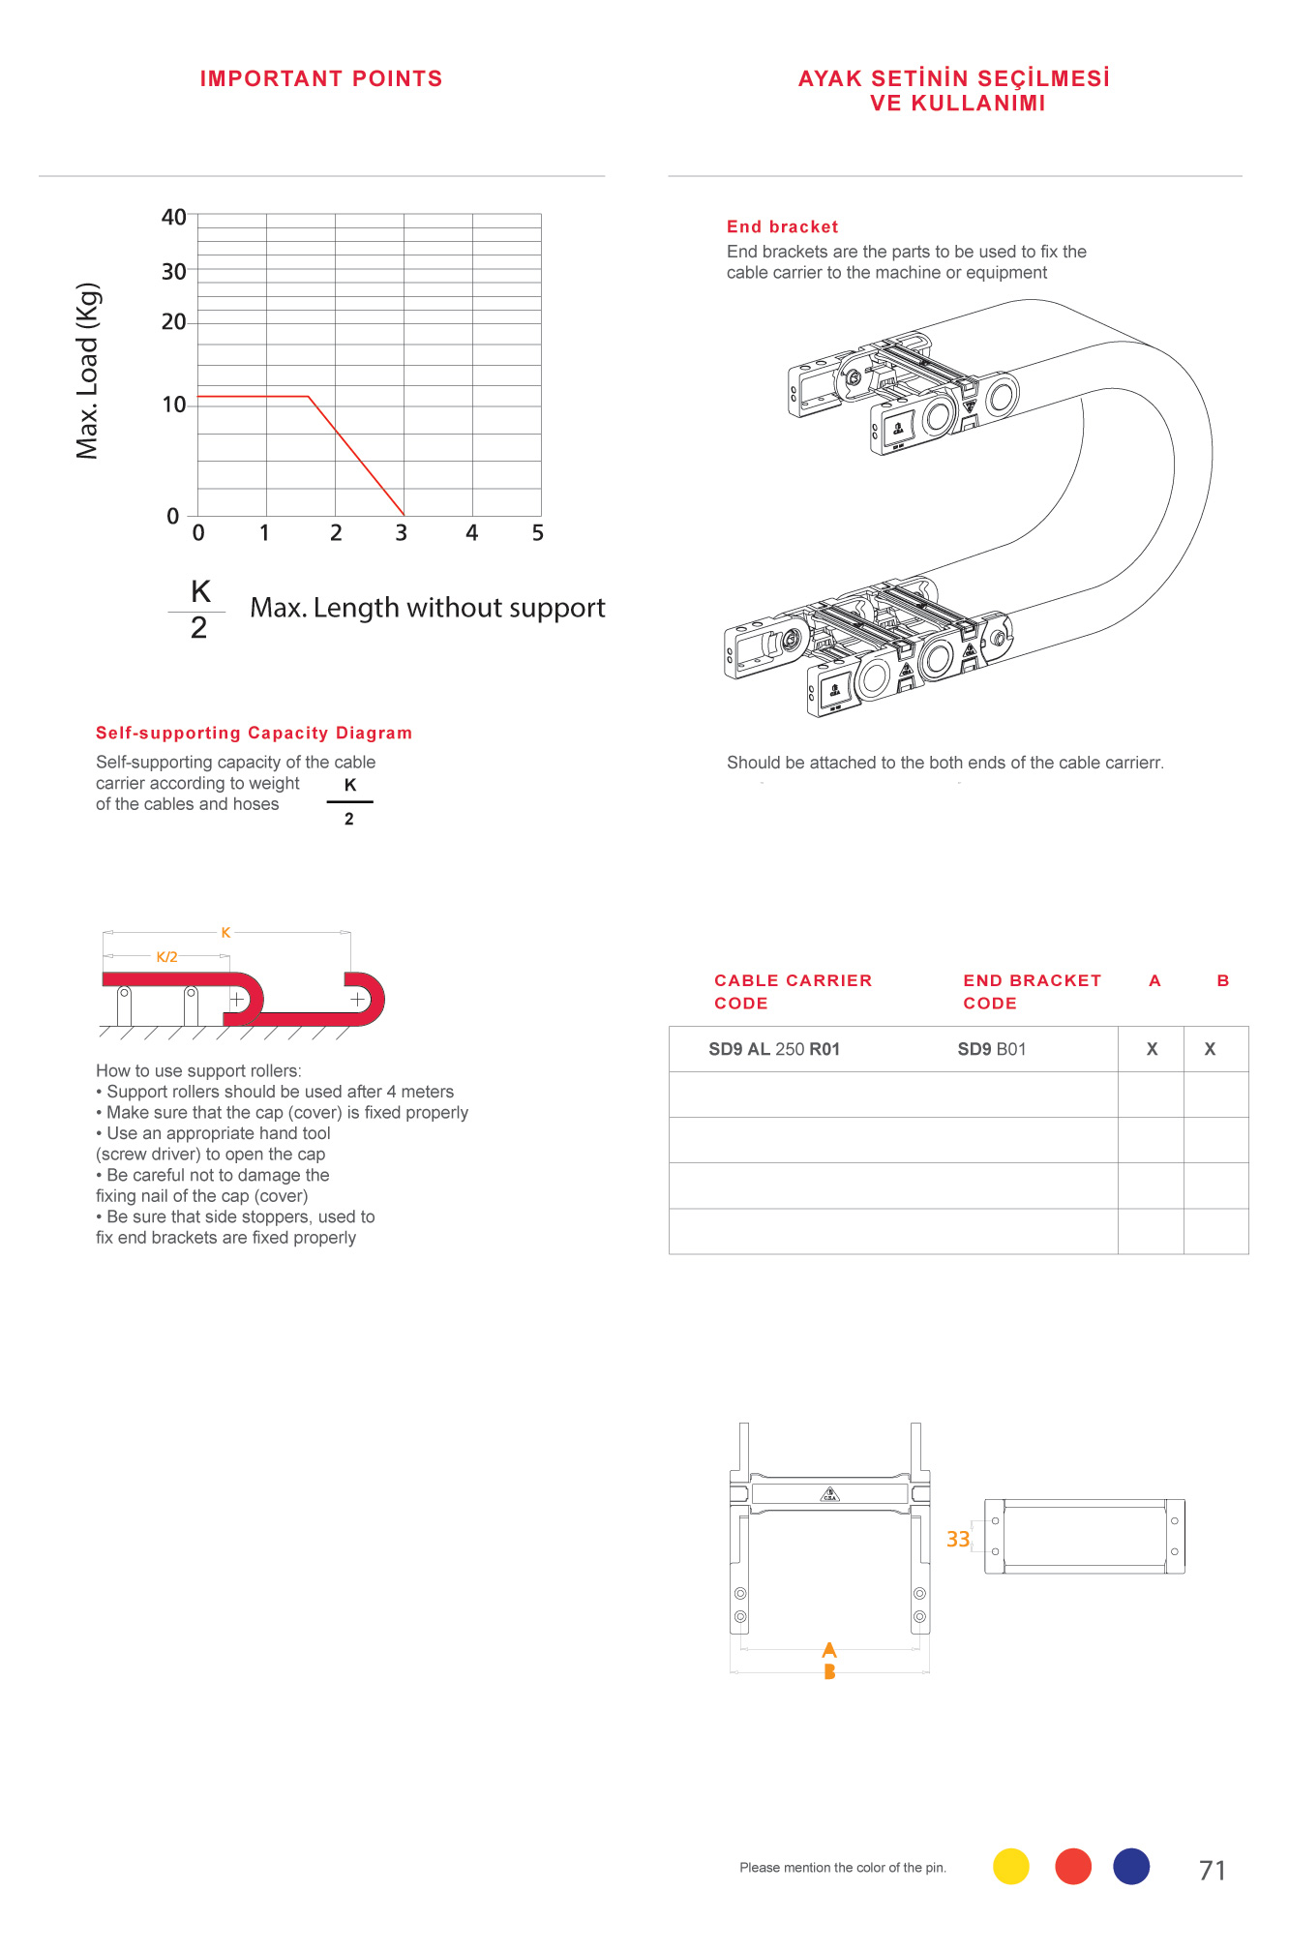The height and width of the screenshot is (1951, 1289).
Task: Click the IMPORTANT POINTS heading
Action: click(321, 79)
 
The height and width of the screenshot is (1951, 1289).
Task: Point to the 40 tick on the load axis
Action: click(174, 217)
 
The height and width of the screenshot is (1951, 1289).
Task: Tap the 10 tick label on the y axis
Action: click(174, 405)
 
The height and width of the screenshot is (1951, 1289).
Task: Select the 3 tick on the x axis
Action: click(402, 533)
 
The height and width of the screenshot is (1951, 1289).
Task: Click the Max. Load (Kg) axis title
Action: click(88, 371)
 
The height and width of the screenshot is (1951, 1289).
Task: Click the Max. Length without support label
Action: click(427, 608)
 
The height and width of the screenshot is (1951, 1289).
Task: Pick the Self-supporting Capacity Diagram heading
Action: click(254, 734)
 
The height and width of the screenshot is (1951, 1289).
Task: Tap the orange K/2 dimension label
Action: click(167, 957)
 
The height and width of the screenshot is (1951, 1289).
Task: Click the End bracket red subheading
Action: click(782, 227)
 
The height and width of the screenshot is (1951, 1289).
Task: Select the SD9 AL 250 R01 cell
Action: click(774, 1049)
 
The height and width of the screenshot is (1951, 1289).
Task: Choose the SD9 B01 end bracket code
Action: click(992, 1049)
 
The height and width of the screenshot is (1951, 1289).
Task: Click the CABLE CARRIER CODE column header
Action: click(793, 992)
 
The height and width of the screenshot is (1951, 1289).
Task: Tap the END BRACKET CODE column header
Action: click(1032, 992)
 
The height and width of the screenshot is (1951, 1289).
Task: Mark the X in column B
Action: click(1210, 1049)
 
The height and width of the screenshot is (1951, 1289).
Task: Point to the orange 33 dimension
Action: click(958, 1539)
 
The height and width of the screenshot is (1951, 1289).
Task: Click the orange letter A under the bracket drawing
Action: click(829, 1650)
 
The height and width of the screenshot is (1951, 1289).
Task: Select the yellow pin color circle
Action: click(1011, 1866)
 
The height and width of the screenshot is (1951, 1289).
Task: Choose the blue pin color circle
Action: click(1131, 1866)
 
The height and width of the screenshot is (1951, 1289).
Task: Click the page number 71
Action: click(1213, 1871)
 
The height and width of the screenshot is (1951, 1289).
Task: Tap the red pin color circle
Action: click(1073, 1866)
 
